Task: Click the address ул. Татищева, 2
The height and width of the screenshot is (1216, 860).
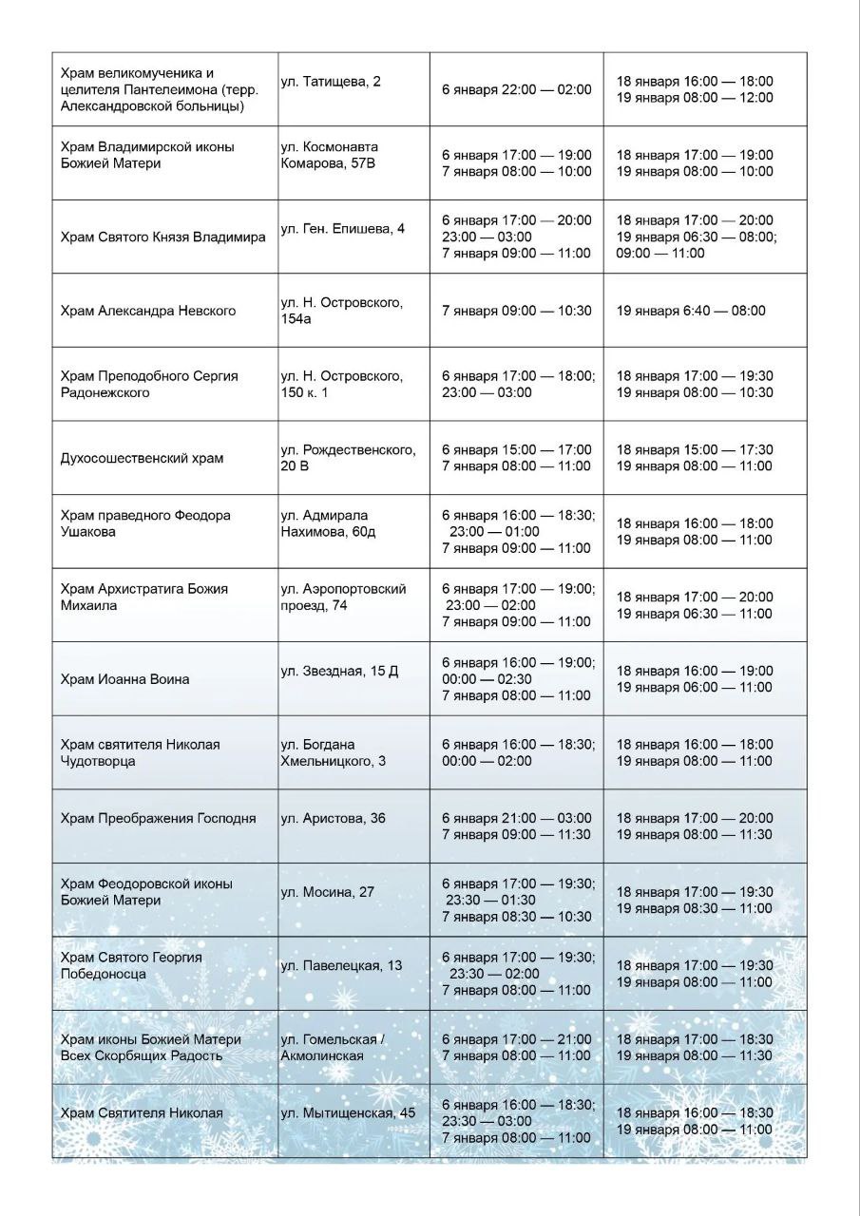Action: (x=331, y=82)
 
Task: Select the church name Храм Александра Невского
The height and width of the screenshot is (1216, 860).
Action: (x=147, y=311)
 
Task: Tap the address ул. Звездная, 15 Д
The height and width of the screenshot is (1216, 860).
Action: (x=339, y=672)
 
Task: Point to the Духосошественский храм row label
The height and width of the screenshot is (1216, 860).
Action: (x=142, y=458)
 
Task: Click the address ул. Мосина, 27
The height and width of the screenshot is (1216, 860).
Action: (x=327, y=892)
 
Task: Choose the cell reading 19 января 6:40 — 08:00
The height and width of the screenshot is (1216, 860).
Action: (x=690, y=311)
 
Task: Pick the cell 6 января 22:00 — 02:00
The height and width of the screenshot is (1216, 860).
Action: (x=516, y=89)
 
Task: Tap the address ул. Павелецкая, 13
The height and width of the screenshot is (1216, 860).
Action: (x=341, y=966)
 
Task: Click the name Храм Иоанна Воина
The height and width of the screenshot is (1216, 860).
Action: (x=124, y=679)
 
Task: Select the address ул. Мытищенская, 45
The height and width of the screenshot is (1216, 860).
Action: (x=348, y=1113)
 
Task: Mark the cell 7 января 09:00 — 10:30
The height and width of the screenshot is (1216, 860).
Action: (x=516, y=311)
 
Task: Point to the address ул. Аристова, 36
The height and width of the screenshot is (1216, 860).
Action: (x=333, y=818)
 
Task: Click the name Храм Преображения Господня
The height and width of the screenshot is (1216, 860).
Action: (x=158, y=818)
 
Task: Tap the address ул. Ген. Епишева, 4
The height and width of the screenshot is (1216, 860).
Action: (x=342, y=229)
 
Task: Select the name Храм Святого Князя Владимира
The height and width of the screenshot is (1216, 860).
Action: (x=162, y=237)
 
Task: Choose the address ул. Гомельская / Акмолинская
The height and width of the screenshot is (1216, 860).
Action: (x=332, y=1048)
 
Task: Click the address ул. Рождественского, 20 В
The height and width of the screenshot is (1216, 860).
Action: (x=348, y=458)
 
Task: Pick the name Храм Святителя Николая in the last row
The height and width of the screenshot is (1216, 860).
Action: (x=142, y=1113)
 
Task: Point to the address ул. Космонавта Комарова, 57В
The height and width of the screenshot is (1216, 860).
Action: (x=329, y=155)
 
